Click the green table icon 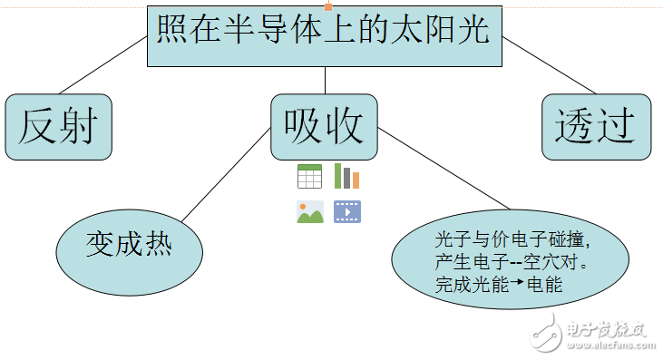click(x=309, y=176)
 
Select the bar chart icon click(x=346, y=176)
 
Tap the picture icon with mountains click(x=309, y=212)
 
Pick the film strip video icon click(x=346, y=212)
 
